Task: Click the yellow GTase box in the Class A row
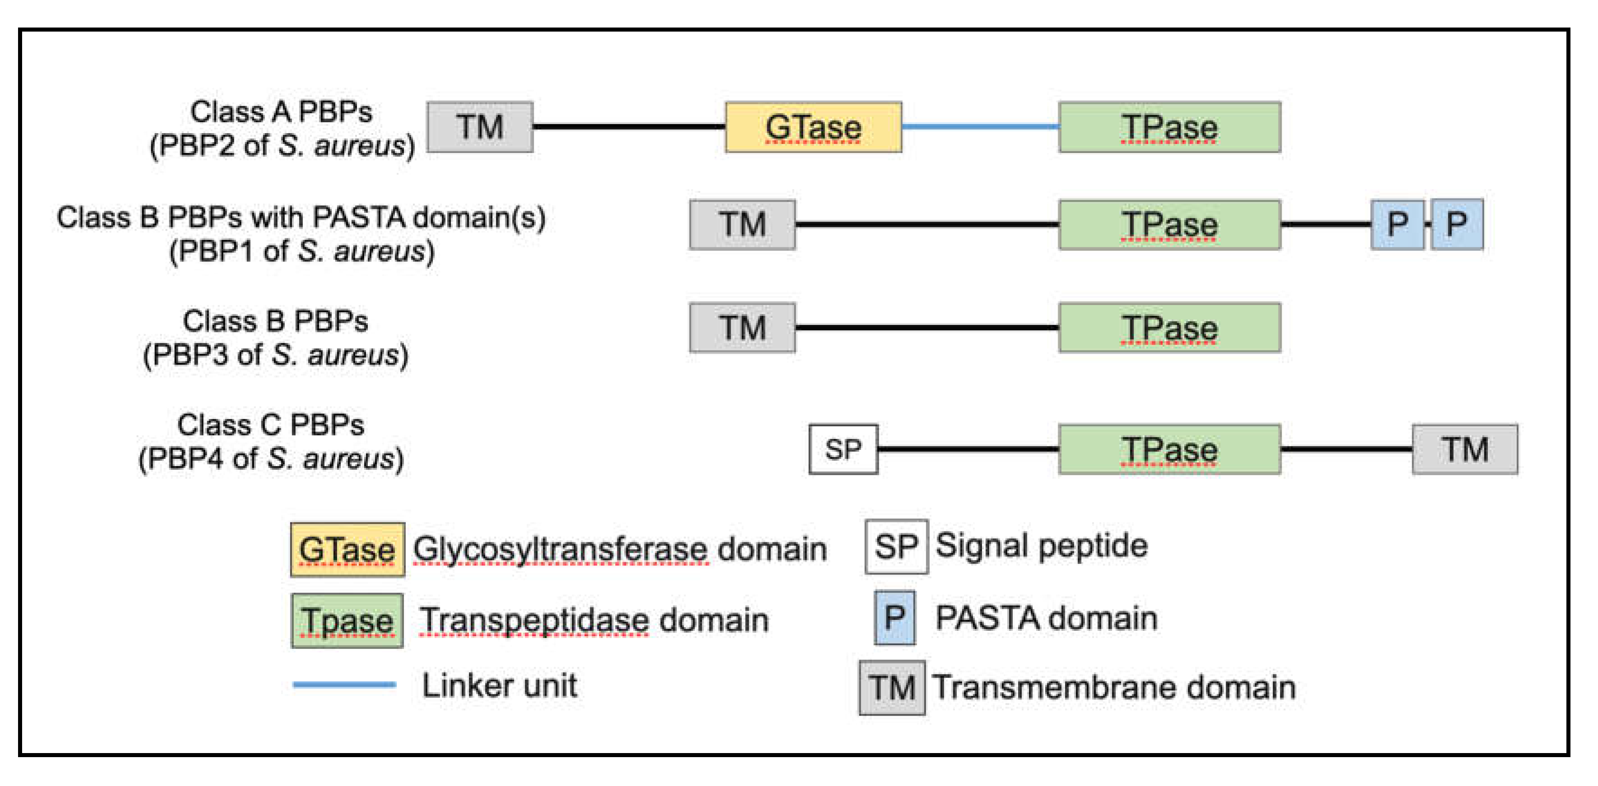coord(813,127)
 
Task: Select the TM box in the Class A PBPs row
coord(480,127)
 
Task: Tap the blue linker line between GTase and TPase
coord(980,126)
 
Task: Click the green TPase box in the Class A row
coord(1169,127)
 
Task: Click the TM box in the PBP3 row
coord(742,328)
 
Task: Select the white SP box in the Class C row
coord(843,449)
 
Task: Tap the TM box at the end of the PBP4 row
coord(1464,449)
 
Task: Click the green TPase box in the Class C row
coord(1169,449)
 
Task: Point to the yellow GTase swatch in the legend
coord(347,550)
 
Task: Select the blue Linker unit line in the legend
coord(344,684)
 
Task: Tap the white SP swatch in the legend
coord(896,546)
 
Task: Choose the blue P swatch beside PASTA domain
coord(894,618)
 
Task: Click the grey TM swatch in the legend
coord(891,687)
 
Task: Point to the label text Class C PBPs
coord(270,425)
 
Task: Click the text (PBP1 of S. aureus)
coord(301,252)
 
